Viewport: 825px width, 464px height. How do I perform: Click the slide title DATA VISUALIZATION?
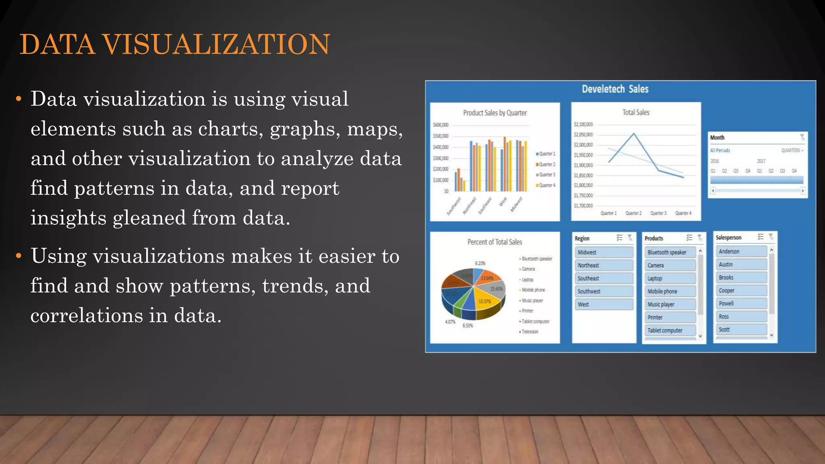tap(175, 44)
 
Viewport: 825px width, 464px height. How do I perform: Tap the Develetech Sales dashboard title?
tap(615, 89)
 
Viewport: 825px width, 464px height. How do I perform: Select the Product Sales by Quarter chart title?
tap(495, 113)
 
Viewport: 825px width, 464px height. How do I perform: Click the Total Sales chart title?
tap(636, 112)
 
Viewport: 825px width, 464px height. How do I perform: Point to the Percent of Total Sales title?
tap(495, 242)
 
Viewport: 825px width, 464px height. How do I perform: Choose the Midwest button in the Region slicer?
tap(603, 253)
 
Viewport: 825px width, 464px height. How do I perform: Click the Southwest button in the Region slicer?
tap(603, 291)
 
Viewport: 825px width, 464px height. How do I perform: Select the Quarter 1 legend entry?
tap(547, 154)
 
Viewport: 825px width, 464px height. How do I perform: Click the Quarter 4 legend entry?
tap(547, 185)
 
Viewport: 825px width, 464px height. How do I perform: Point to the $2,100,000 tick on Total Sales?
tap(583, 124)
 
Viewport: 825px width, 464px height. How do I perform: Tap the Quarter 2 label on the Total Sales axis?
tap(633, 213)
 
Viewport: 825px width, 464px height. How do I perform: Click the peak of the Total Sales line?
tap(634, 134)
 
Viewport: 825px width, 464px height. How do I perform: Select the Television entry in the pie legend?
tap(530, 332)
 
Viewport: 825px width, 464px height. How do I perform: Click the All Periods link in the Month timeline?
tap(720, 150)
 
